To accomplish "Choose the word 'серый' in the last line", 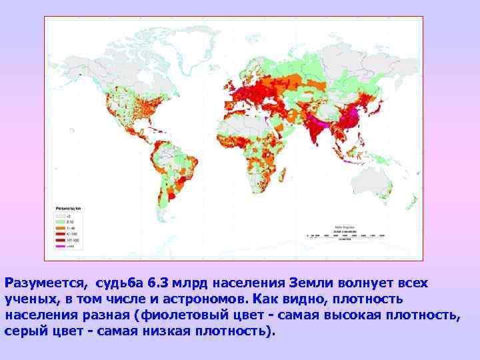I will pyautogui.click(x=26, y=331).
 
